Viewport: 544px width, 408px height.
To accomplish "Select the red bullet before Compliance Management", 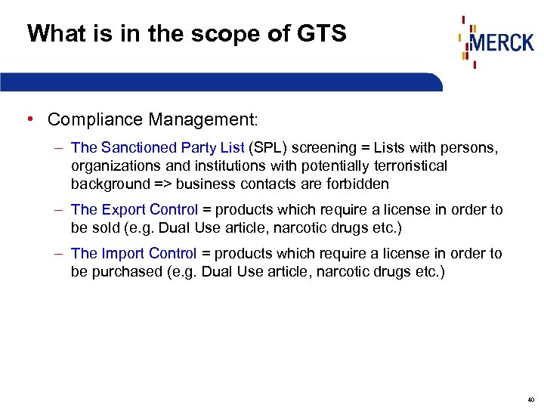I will coord(28,119).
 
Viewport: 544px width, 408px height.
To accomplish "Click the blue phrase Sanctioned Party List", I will coord(172,147).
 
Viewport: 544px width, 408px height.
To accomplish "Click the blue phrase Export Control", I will coord(150,209).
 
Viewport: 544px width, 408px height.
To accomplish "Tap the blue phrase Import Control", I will coord(149,253).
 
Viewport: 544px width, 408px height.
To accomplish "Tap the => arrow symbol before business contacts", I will coord(163,184).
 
